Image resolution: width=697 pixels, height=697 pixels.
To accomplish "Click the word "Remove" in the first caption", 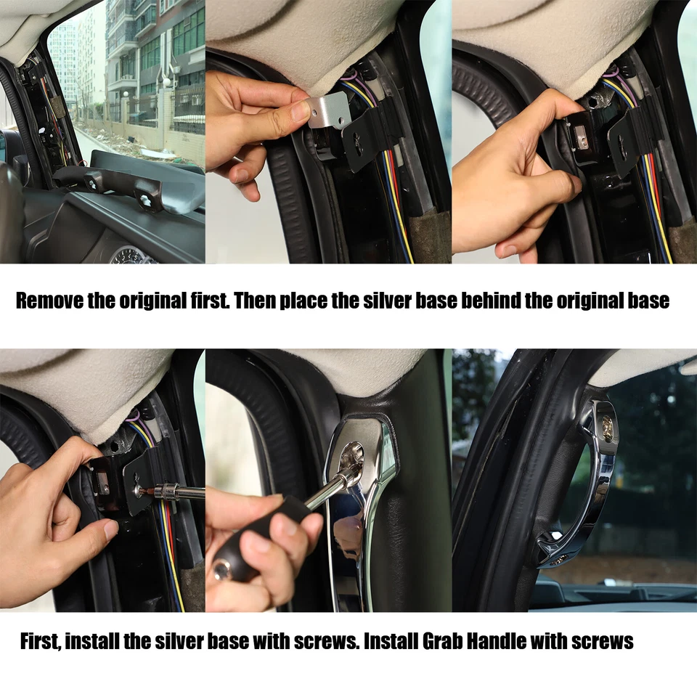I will (49, 301).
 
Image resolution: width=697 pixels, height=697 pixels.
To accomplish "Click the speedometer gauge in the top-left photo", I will (131, 255).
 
